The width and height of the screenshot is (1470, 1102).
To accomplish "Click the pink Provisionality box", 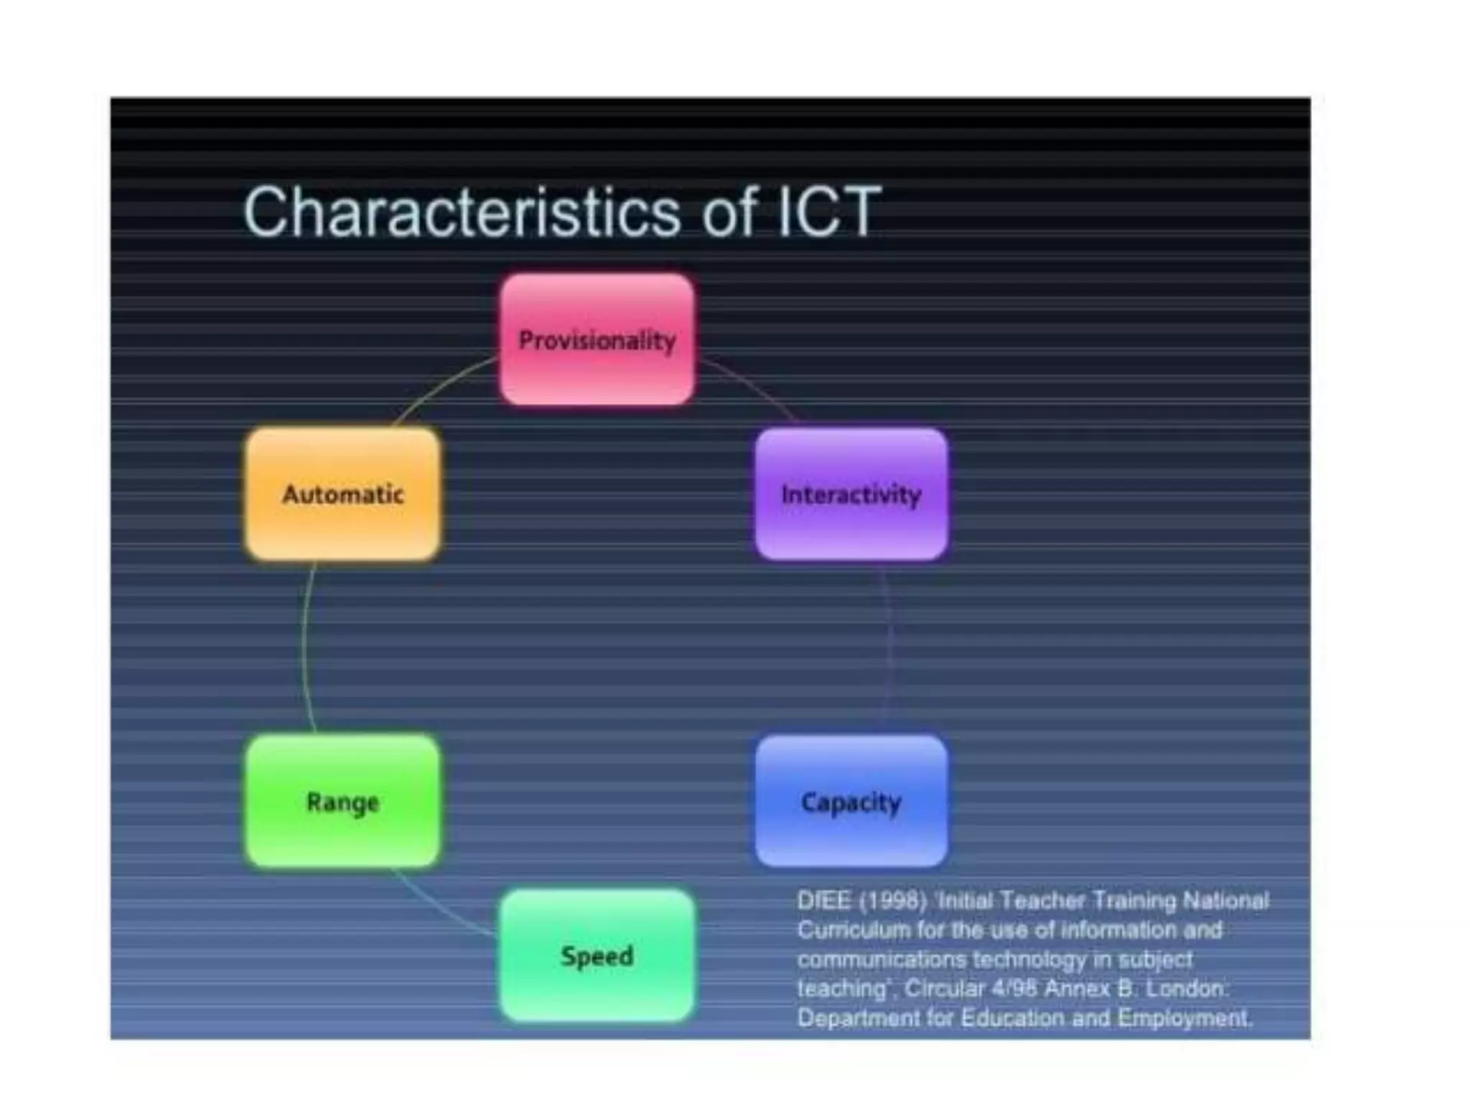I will (x=596, y=339).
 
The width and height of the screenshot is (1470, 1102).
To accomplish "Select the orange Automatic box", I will (x=342, y=494).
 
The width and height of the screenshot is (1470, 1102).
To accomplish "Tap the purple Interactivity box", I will (x=851, y=494).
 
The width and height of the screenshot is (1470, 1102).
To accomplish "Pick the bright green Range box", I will (x=342, y=801).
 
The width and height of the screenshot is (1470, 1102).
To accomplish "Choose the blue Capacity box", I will (x=851, y=801).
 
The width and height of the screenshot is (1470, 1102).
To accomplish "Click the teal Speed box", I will (x=596, y=956).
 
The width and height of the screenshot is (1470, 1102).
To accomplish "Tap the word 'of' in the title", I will (x=728, y=212).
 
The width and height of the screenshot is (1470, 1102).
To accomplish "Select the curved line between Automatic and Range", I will (x=304, y=646).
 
